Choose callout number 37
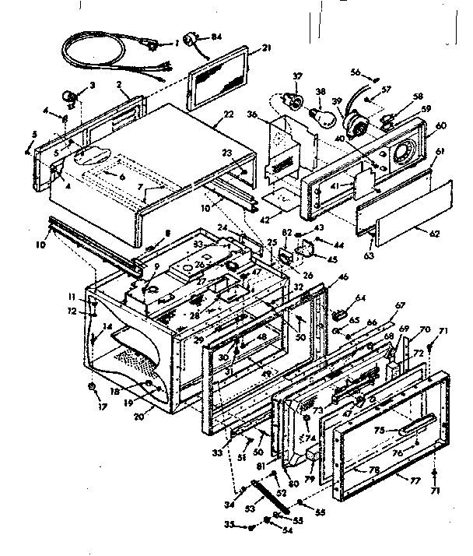click(x=296, y=76)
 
